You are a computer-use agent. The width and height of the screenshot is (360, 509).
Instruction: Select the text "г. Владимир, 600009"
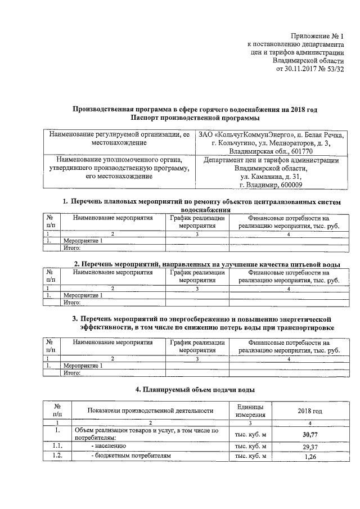pyautogui.click(x=271, y=185)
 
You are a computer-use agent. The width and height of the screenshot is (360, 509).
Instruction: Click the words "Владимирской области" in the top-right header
pyautogui.click(x=308, y=60)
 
